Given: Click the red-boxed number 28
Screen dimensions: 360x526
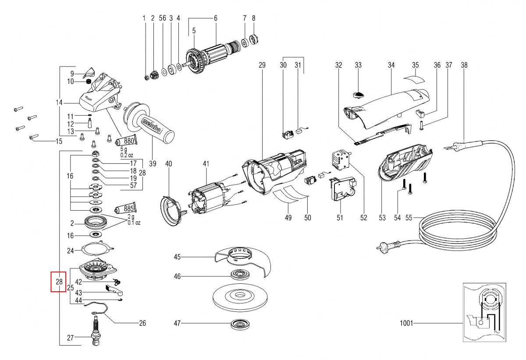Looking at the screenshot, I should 59,282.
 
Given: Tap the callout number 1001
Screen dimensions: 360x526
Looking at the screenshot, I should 406,324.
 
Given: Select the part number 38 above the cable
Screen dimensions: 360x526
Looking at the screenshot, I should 464,65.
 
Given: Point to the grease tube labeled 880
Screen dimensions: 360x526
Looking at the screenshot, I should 125,141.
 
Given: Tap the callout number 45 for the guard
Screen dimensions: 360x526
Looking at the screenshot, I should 177,256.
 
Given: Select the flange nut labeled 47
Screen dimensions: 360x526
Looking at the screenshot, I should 239,325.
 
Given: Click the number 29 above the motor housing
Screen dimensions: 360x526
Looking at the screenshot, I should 262,65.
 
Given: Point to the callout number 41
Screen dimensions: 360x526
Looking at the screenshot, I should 206,164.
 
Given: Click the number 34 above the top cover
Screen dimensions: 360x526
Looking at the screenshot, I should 391,65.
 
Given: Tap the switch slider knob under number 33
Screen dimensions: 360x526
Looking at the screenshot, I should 359,93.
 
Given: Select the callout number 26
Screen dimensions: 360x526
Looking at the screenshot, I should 142,324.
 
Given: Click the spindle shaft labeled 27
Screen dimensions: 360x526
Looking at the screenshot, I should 96,334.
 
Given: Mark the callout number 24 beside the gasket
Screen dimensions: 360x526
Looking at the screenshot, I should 71,251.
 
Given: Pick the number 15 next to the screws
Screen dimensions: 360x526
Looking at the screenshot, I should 59,141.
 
